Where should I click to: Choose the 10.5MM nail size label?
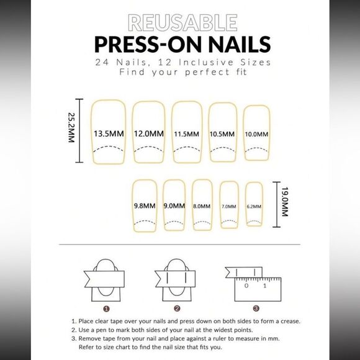click(x=223, y=134)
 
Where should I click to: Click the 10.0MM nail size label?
click(x=256, y=134)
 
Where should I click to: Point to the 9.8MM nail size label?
click(x=144, y=205)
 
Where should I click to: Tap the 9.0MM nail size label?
click(x=174, y=205)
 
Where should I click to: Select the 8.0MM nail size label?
click(x=202, y=205)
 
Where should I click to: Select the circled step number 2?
click(x=177, y=308)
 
